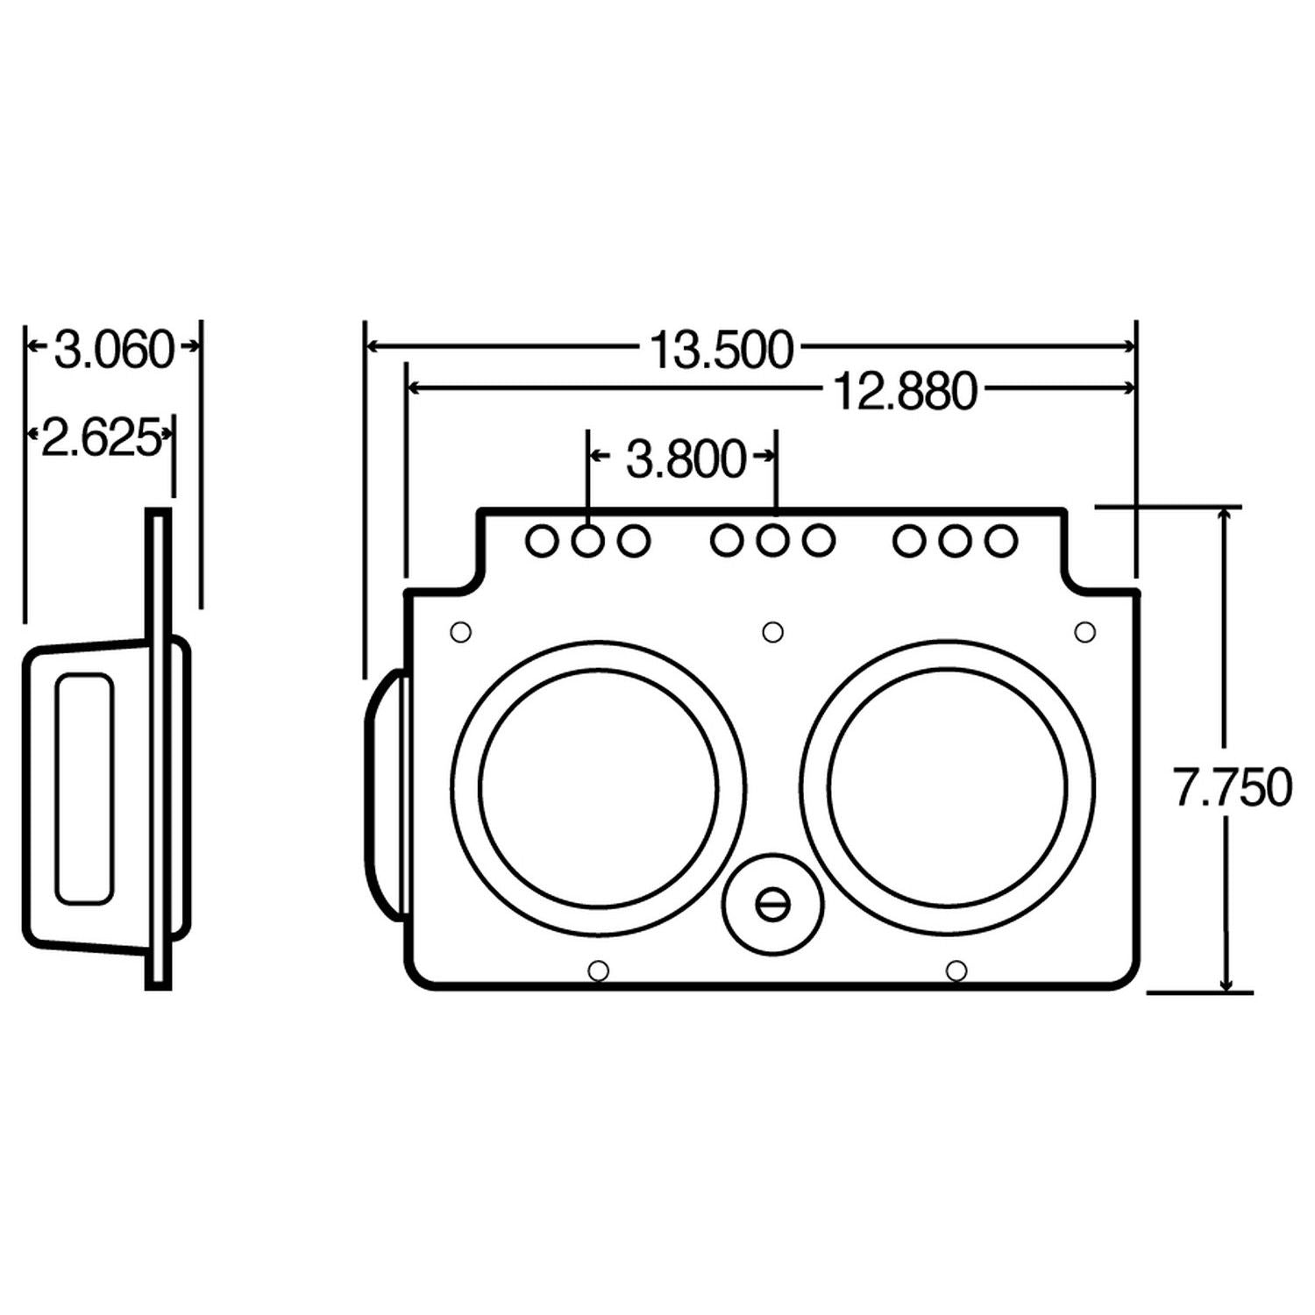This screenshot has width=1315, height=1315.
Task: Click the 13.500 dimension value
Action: (x=721, y=350)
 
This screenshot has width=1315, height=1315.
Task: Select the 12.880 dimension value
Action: (x=904, y=391)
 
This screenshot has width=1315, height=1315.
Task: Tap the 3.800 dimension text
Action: (x=686, y=459)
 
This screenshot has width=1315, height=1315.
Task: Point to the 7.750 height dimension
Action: (x=1232, y=787)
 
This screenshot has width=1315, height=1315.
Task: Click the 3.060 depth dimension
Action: (x=114, y=350)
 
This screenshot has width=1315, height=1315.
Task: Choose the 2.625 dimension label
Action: (x=101, y=438)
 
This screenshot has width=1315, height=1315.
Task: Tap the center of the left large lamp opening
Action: (x=599, y=788)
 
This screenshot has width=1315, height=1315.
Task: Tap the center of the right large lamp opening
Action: (x=948, y=788)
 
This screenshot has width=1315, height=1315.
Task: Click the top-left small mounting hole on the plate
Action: (x=460, y=631)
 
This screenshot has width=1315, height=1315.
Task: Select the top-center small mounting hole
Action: (x=772, y=631)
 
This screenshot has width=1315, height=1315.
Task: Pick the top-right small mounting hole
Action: (x=1084, y=631)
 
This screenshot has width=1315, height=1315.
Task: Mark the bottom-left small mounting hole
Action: (x=598, y=970)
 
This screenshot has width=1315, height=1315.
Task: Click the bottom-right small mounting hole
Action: (x=957, y=970)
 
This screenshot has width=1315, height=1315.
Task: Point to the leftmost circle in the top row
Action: (x=542, y=541)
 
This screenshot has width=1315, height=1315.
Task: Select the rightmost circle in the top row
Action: (x=1000, y=541)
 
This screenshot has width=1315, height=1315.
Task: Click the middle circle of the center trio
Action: (x=771, y=541)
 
